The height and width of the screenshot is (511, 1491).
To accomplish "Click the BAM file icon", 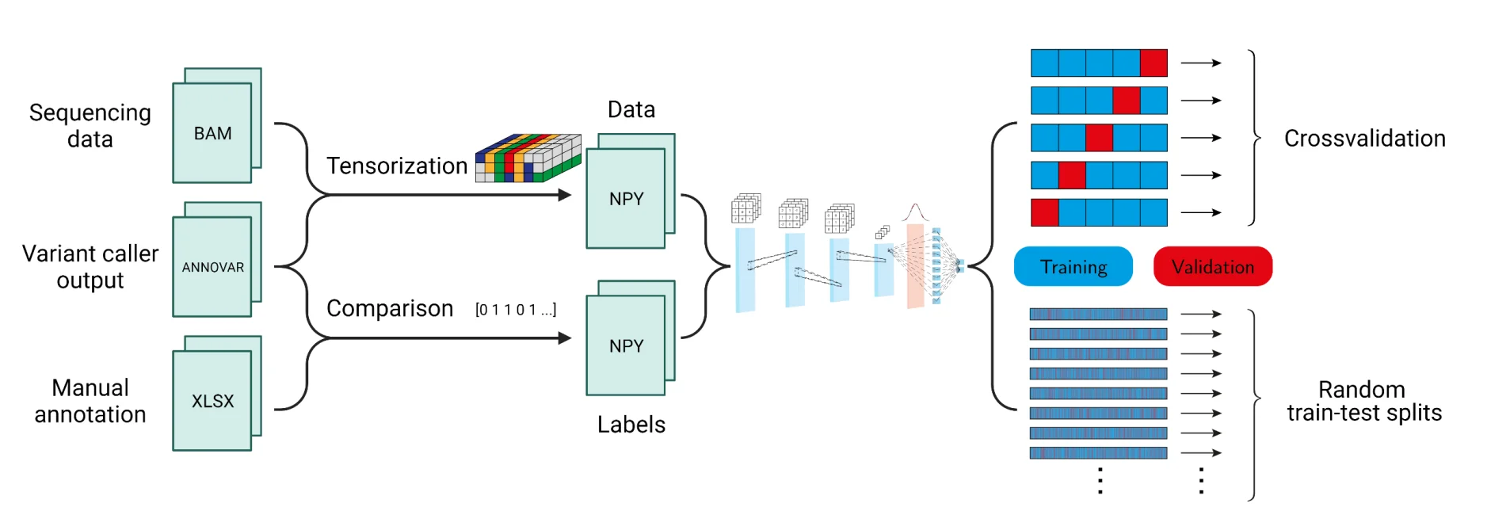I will [212, 132].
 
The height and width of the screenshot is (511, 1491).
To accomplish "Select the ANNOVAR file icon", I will [212, 267].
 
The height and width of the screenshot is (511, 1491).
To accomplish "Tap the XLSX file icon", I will [212, 401].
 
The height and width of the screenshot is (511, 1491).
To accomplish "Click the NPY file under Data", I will [626, 198].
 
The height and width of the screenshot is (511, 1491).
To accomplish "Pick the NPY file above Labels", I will [626, 345].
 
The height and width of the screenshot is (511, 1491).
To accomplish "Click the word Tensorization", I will [397, 166].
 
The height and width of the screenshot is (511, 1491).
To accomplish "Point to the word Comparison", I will [390, 308].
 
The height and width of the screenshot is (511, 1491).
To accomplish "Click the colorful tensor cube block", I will [528, 158].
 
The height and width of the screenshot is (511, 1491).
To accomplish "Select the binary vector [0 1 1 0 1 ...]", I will [516, 310].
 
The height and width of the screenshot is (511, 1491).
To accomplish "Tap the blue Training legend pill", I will [1073, 267].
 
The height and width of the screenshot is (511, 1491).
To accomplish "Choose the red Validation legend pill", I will [1212, 267].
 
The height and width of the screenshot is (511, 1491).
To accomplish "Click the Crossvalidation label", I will [1364, 139].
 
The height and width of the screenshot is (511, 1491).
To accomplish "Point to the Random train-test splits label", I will [1363, 401].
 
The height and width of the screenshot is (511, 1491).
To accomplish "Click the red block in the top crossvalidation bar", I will [1154, 63].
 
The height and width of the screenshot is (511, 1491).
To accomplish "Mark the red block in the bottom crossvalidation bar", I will [1044, 212].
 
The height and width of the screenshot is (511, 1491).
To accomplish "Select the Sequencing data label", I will [90, 125].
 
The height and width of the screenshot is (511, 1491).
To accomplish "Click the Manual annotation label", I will [90, 401].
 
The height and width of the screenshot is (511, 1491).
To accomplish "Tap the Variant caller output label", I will [90, 266].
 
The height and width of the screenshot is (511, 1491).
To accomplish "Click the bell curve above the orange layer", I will [915, 212].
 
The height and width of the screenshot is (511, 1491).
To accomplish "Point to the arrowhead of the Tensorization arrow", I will [565, 195].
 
